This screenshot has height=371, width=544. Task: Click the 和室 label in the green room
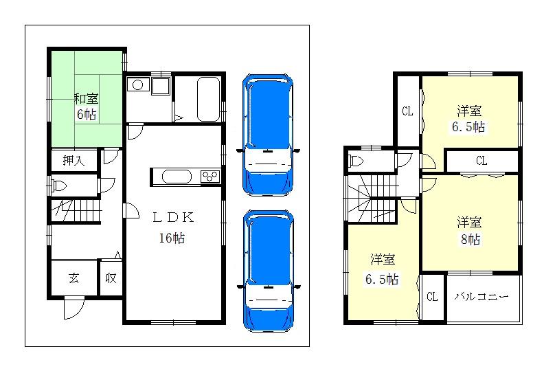click(x=87, y=98)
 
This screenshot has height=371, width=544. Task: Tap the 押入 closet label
click(x=73, y=161)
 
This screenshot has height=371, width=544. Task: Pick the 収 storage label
click(x=111, y=278)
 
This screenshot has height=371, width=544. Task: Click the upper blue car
click(x=268, y=135)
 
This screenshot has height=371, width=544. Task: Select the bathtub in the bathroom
click(x=207, y=100)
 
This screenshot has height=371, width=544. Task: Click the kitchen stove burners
click(x=209, y=177)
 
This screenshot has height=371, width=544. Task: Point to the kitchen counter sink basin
click(x=178, y=177)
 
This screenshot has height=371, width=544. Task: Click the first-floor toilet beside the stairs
click(x=59, y=185)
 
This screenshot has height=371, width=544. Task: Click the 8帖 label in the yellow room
click(x=471, y=240)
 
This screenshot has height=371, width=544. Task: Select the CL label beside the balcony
click(x=432, y=297)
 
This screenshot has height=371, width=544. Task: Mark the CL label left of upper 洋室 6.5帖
click(x=407, y=111)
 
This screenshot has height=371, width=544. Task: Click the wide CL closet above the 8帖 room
click(x=481, y=161)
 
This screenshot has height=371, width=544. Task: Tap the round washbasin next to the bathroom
click(x=137, y=86)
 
